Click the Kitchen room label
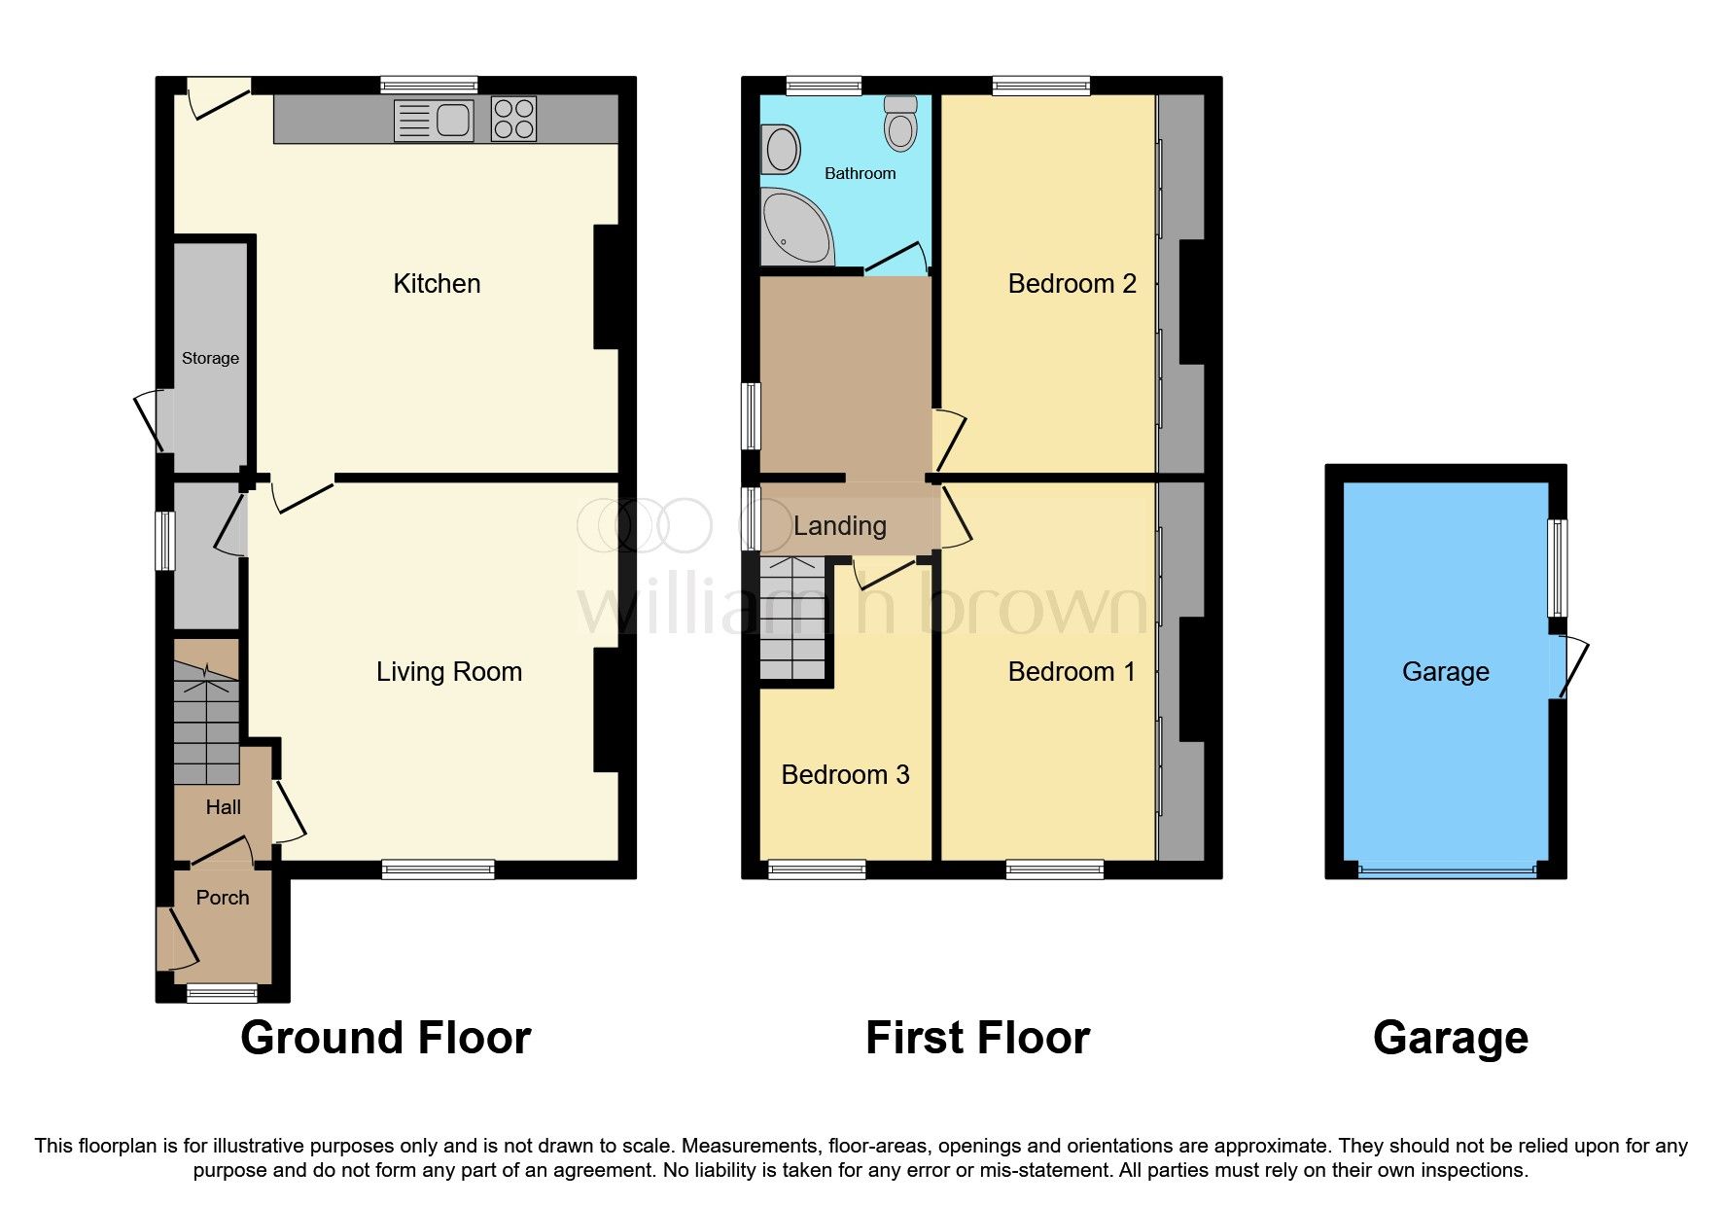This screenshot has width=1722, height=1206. coord(437,284)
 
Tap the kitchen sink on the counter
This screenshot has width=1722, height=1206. coord(434,121)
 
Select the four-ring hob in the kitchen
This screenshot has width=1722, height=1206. coord(513,120)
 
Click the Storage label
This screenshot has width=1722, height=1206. coord(210,358)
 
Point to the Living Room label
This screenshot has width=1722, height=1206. coord(449,672)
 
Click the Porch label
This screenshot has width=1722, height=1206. coord(223,898)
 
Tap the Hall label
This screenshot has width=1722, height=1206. coord(224,807)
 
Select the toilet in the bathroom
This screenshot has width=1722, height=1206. coord(901,124)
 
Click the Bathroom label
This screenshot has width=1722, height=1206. coord(860,173)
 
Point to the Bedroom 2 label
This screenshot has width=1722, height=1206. coord(1072,284)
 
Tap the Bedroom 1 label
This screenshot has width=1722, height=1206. coord(1072,672)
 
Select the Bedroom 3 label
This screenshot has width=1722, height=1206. coord(845,775)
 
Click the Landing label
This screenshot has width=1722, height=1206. coord(839,526)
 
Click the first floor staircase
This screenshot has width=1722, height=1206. coord(792,619)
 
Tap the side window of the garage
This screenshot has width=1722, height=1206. coord(1558,568)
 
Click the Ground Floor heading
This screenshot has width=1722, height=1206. coord(386,1038)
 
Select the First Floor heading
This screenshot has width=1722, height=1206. coord(977,1038)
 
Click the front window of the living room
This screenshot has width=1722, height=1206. coord(439,869)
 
